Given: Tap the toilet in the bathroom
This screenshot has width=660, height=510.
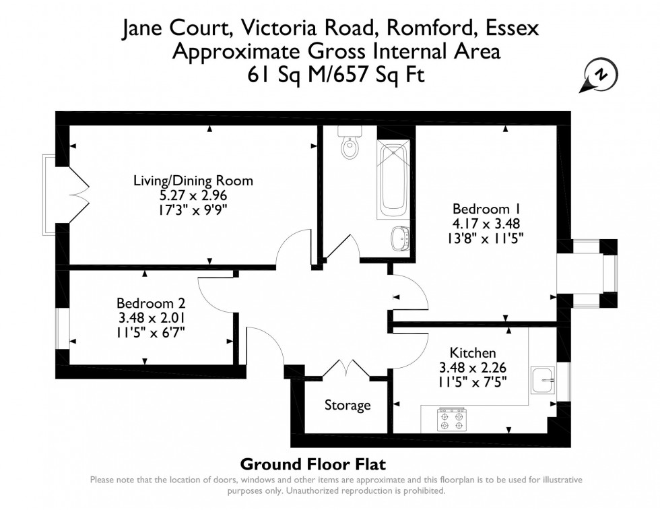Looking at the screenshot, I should (350, 144).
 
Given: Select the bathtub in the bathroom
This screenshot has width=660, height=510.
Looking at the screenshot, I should (393, 180).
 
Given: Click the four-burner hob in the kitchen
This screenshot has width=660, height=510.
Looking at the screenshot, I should (451, 420).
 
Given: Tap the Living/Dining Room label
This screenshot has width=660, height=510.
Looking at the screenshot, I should (193, 181).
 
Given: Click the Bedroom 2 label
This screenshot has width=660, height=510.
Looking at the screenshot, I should (150, 303).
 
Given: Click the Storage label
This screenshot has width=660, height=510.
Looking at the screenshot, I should (348, 405).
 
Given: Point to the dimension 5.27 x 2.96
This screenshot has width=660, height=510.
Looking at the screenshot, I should (193, 195).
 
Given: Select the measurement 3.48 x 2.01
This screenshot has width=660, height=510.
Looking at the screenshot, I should (150, 317).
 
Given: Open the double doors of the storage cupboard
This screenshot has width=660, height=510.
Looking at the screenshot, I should (347, 369).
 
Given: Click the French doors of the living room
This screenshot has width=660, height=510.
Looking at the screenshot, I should (78, 195).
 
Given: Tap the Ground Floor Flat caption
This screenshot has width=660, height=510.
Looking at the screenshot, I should (312, 464).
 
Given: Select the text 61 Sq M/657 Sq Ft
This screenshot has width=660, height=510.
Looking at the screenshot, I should (336, 74).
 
